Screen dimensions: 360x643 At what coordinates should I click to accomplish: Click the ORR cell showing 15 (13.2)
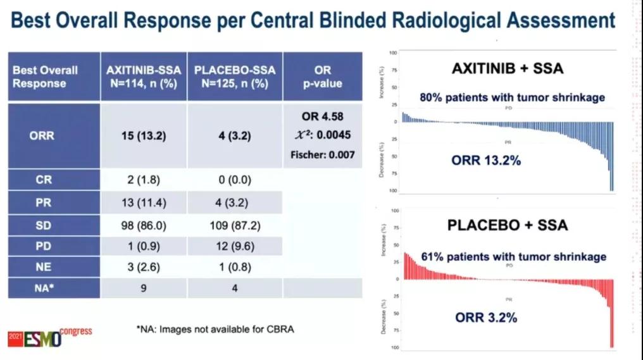pos(144,135)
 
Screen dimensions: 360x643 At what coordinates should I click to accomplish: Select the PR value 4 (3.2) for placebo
pos(231,202)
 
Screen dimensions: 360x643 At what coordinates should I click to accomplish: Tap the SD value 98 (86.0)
pos(144,225)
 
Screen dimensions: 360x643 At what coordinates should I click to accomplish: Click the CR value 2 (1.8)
pos(144,180)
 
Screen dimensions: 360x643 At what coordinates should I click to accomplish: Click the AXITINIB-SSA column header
pos(144,76)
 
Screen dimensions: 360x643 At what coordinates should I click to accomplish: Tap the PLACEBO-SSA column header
pos(235,76)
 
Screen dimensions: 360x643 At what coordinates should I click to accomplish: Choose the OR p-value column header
pos(322,76)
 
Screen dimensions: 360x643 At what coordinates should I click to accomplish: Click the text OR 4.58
pos(323,116)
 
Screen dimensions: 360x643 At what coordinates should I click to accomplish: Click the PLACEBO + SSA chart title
pos(508,225)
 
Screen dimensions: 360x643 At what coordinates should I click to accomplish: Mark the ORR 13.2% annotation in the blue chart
pos(486,161)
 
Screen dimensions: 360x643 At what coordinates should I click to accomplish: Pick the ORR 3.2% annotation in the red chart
pos(486,317)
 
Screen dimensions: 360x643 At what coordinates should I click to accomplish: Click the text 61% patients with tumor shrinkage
pos(513,256)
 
